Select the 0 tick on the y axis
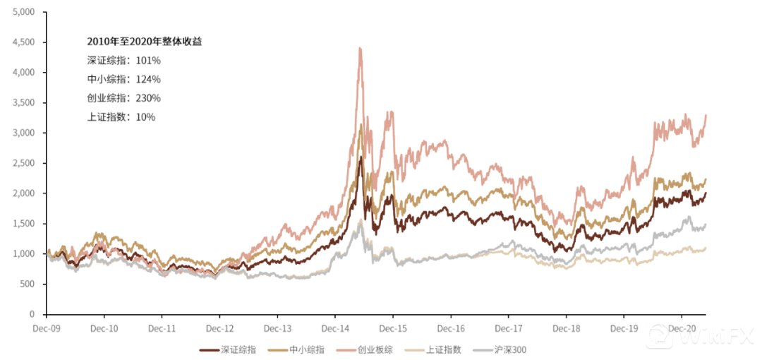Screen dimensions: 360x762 [32, 314]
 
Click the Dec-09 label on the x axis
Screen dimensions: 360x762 [47, 328]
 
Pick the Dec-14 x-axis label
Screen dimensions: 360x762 [334, 328]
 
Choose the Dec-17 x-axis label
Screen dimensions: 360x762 [508, 328]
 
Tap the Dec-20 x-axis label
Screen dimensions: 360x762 [680, 328]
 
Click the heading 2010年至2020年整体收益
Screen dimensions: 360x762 [145, 42]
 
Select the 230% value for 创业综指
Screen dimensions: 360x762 [148, 98]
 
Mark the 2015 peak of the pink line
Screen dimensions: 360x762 [361, 48]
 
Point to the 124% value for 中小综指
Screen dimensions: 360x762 [148, 79]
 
